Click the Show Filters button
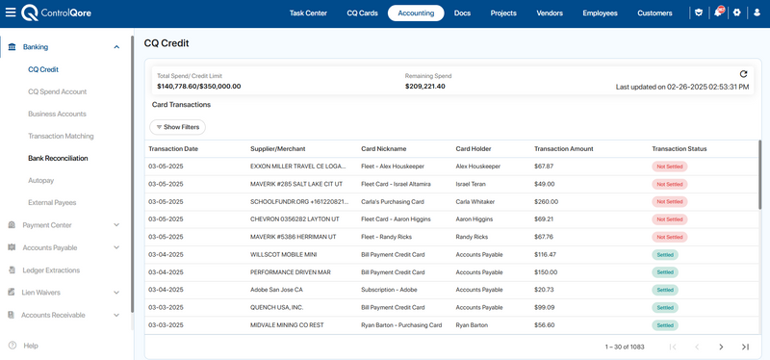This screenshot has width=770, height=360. tap(177, 127)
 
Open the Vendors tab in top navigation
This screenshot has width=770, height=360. tap(550, 13)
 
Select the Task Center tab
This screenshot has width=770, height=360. tap(308, 13)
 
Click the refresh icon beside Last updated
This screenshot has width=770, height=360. tap(743, 74)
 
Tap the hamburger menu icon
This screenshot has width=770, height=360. tap(11, 13)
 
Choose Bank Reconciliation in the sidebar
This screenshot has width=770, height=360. tap(58, 158)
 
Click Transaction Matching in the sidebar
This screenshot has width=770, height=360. tap(61, 136)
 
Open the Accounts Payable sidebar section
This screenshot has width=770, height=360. tap(50, 247)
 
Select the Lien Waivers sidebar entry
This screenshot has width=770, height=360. tap(40, 293)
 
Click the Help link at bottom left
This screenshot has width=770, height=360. tap(31, 346)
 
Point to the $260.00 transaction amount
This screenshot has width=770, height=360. tap(546, 202)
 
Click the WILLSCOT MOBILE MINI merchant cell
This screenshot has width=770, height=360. tap(283, 255)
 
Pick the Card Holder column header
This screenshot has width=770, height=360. tap(474, 149)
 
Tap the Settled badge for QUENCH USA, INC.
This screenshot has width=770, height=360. tap(665, 307)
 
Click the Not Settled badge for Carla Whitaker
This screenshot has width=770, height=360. tap(670, 202)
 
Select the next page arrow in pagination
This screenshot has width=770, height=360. tap(721, 347)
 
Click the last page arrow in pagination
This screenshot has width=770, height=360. tap(745, 347)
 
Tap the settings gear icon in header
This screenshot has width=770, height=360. tap(736, 13)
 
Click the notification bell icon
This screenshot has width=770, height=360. tap(718, 13)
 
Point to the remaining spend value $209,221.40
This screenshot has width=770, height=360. tap(425, 87)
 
